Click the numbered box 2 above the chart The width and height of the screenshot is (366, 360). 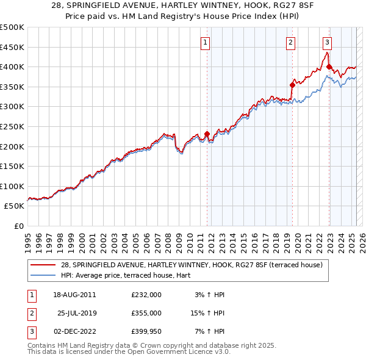290,42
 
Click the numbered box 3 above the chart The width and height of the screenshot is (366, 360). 328,42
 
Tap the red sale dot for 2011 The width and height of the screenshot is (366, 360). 207,134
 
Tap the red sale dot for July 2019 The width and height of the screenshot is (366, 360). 293,85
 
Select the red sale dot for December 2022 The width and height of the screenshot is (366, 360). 329,67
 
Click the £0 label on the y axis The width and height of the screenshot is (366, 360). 19,226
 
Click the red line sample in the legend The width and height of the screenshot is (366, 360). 43,265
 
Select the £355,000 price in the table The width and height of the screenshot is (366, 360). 146,313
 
